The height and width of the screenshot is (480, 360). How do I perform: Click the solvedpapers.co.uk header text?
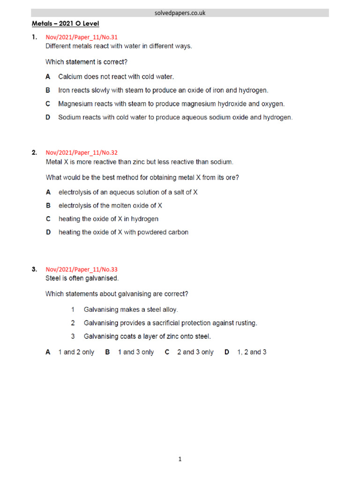click(180, 13)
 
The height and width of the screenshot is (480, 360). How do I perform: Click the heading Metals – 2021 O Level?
click(65, 23)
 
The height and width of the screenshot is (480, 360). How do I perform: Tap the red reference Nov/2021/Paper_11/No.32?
click(82, 152)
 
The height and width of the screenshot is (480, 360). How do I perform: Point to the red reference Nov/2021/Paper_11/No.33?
click(82, 270)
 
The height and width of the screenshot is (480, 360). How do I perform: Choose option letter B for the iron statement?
click(48, 90)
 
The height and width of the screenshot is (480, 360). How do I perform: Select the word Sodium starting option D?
click(68, 118)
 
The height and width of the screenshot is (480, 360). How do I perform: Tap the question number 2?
click(34, 152)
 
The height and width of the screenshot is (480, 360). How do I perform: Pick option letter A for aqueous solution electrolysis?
click(48, 192)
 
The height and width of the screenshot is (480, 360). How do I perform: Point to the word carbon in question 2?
click(178, 232)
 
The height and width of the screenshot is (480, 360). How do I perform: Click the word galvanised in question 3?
click(104, 278)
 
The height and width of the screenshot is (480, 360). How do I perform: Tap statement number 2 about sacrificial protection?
click(73, 323)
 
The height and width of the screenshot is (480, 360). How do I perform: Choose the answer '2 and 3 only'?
click(195, 352)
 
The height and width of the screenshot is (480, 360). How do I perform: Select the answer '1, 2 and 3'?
click(252, 352)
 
